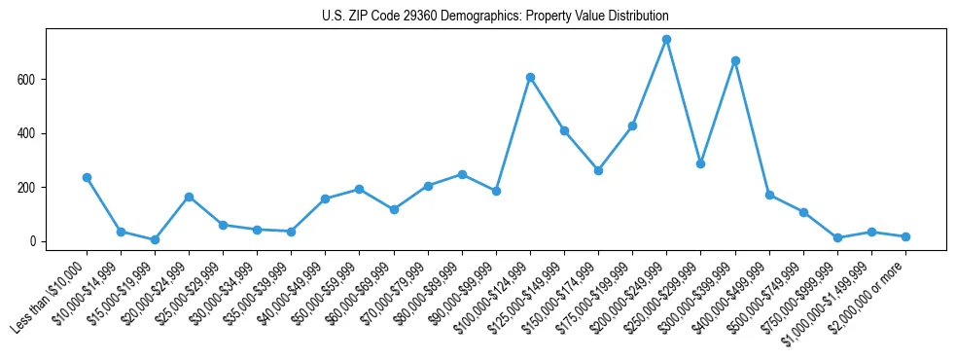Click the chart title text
pyautogui.click(x=495, y=17)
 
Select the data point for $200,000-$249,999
pyautogui.click(x=666, y=39)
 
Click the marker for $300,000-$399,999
pyautogui.click(x=735, y=60)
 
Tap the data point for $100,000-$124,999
pyautogui.click(x=530, y=77)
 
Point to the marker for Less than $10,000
pyautogui.click(x=87, y=177)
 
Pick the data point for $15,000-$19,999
pyautogui.click(x=155, y=239)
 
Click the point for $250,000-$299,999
pyautogui.click(x=700, y=163)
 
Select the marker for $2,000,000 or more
pyautogui.click(x=905, y=236)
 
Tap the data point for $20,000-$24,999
pyautogui.click(x=189, y=197)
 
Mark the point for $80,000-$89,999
pyautogui.click(x=462, y=174)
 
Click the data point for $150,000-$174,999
pyautogui.click(x=598, y=170)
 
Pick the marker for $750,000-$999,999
pyautogui.click(x=837, y=237)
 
